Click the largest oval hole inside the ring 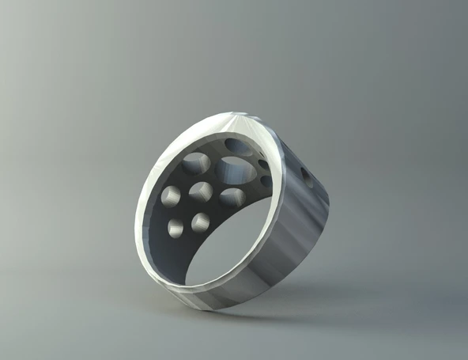click(x=232, y=169)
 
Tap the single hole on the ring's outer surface click(x=308, y=180)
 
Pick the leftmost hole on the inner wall click(x=170, y=195)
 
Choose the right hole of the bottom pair click(x=200, y=222)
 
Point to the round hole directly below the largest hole click(x=232, y=198)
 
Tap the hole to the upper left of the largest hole click(x=196, y=165)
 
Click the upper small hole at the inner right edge click(x=263, y=165)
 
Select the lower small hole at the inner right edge click(x=266, y=181)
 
